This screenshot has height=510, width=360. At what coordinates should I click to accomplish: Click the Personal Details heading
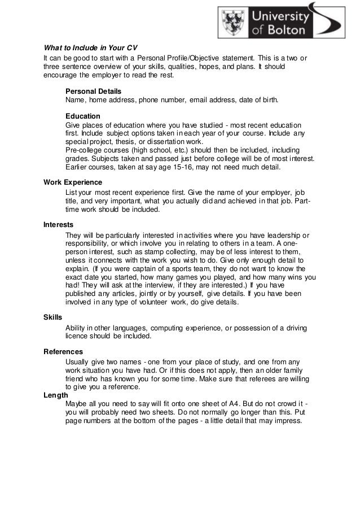click(93, 90)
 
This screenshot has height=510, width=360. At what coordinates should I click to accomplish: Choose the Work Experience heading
click(73, 182)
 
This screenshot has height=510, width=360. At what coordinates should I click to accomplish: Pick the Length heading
click(56, 395)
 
